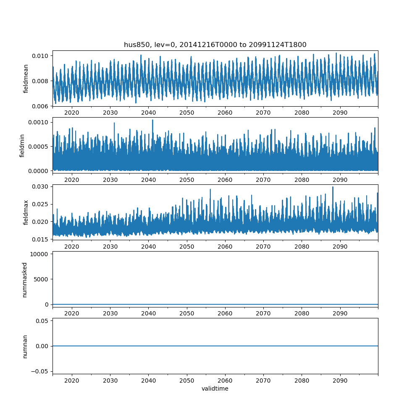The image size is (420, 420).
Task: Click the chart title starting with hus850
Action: [x=215, y=45]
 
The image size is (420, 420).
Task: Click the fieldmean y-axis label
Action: [x=26, y=79]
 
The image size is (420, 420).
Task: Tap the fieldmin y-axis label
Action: [x=22, y=145]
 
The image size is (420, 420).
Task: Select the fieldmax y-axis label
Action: [x=26, y=213]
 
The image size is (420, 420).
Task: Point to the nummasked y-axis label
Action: [x=24, y=279]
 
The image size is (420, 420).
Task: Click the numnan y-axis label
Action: [x=25, y=346]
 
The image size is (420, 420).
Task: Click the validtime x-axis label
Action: [x=215, y=388]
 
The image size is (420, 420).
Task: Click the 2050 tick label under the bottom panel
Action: [x=187, y=381]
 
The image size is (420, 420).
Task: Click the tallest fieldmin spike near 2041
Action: [x=152, y=120]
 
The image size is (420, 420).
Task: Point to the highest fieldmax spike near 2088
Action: [x=333, y=187]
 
